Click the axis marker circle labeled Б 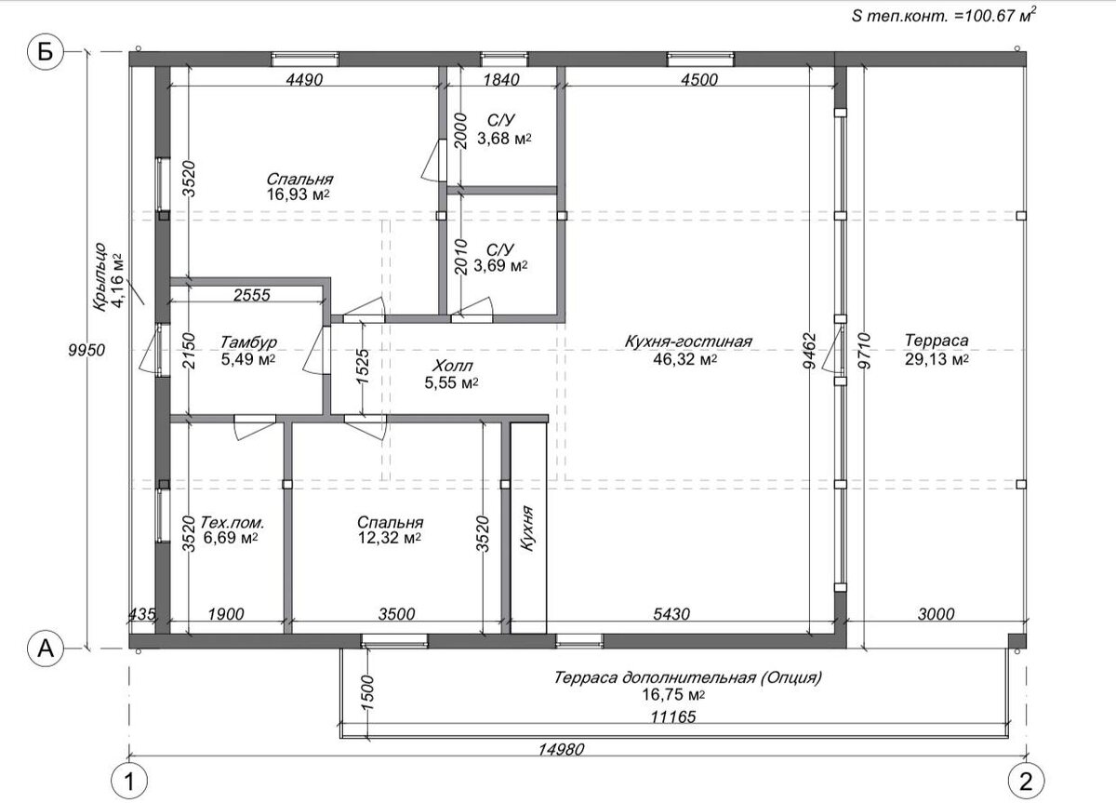coord(45,51)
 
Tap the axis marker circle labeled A coord(45,649)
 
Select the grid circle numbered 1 coord(129,782)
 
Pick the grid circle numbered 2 coord(1026,782)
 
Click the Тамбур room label coord(248,342)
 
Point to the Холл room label coord(452,367)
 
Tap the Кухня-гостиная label coord(688,341)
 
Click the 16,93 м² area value coord(298,194)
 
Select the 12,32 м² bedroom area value coord(390,538)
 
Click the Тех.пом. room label coord(232,523)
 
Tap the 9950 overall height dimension coord(86,350)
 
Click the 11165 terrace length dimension coord(673,716)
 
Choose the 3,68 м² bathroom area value coord(504,138)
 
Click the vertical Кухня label coord(527,529)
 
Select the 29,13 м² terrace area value coord(937,359)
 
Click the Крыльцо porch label coord(100,277)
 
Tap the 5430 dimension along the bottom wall coord(671,613)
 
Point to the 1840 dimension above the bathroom coord(501,80)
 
